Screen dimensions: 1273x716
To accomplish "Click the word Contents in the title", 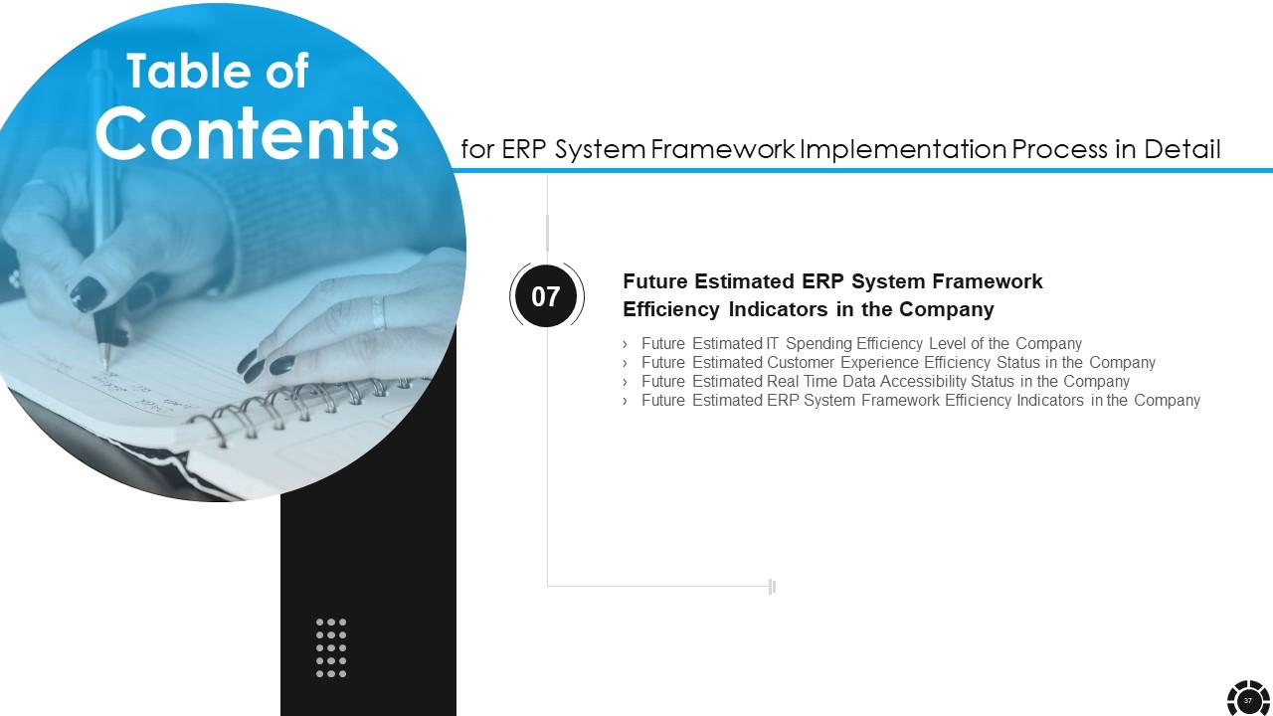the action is (x=247, y=133).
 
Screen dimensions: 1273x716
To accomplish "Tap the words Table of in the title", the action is (x=218, y=71).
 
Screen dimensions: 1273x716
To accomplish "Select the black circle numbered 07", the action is (x=546, y=296).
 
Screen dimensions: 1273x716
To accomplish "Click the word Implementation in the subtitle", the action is (x=904, y=149).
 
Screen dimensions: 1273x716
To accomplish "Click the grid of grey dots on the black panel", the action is (x=331, y=647).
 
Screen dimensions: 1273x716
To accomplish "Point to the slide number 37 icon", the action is (x=1248, y=700).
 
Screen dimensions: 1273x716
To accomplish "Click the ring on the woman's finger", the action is (x=379, y=313).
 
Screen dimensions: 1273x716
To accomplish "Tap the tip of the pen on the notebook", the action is (x=106, y=368).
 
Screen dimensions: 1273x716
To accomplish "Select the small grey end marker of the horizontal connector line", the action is (x=772, y=587).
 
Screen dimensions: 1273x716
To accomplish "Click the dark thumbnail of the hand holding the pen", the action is (x=89, y=293).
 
